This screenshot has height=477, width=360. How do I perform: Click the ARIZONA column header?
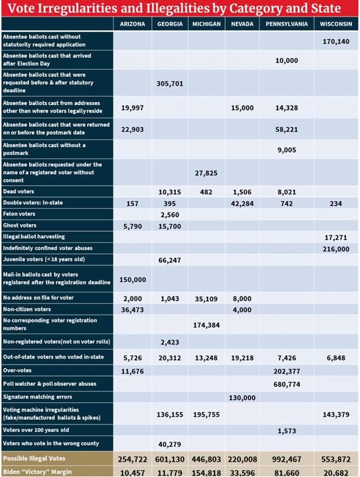click(x=132, y=24)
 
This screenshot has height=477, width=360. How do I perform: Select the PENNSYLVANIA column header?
click(x=287, y=24)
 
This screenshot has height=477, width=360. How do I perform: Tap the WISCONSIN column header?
click(x=336, y=24)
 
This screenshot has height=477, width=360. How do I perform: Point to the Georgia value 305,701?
click(x=170, y=83)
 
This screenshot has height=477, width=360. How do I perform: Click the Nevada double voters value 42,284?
click(x=242, y=204)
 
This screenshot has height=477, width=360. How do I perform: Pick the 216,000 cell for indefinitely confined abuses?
click(x=336, y=249)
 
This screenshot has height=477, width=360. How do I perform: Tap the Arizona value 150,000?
click(x=132, y=280)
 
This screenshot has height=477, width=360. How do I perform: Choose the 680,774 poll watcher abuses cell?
click(x=287, y=384)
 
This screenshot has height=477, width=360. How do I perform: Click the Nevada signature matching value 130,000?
click(x=242, y=397)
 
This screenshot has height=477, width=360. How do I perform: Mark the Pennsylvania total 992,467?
click(x=287, y=460)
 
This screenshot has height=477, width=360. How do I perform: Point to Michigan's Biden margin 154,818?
click(x=205, y=472)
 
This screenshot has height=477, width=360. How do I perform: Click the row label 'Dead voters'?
click(x=18, y=191)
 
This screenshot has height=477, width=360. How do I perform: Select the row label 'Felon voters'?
click(x=19, y=214)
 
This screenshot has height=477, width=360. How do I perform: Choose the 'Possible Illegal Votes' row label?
click(x=34, y=459)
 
